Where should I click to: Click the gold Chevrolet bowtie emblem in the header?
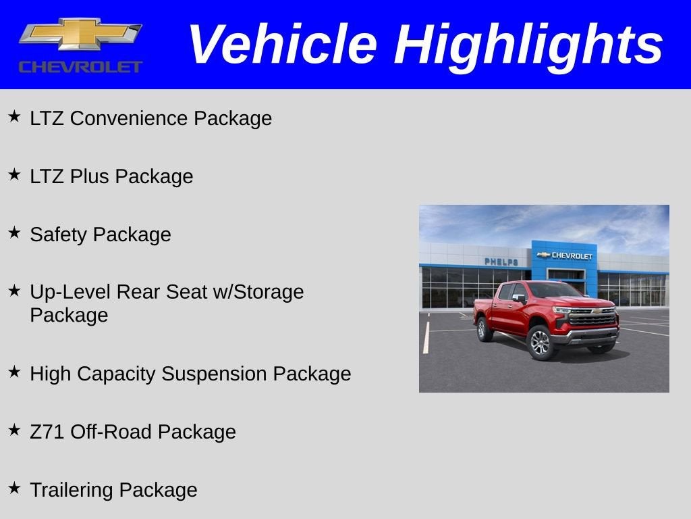[x=80, y=34]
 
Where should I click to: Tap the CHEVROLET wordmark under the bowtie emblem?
[x=80, y=67]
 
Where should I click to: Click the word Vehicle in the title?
[x=281, y=45]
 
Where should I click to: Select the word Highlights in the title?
[x=528, y=45]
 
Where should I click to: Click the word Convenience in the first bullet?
[x=129, y=118]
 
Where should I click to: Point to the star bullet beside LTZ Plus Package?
[x=14, y=175]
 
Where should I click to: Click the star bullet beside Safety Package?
[x=14, y=233]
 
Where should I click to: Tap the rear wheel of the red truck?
[x=484, y=329]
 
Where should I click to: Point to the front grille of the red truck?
[x=592, y=318]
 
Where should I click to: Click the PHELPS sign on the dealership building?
[x=501, y=262]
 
